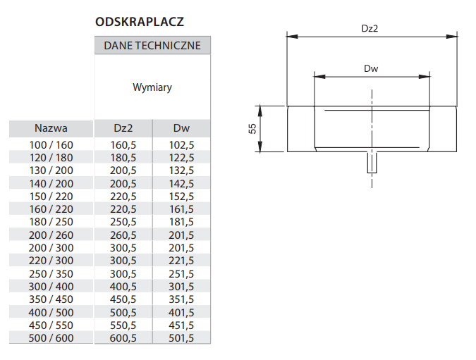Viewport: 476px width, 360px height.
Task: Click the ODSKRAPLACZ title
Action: point(140,22)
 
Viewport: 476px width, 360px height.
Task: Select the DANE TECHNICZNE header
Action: point(152,46)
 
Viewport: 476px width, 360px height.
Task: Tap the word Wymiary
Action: point(152,87)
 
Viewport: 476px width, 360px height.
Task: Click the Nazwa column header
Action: point(51,128)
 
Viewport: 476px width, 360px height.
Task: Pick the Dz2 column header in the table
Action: point(123,128)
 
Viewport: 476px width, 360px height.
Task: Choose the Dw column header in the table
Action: point(181,128)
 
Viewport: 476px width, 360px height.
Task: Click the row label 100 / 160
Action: point(51,145)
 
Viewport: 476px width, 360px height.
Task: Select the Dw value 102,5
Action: point(181,145)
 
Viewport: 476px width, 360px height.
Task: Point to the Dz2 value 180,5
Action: point(123,158)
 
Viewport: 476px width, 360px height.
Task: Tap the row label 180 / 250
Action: point(51,222)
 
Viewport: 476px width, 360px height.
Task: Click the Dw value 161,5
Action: point(181,209)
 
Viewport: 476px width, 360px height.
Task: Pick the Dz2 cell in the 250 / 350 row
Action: point(123,274)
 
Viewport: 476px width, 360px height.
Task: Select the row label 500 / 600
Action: point(51,338)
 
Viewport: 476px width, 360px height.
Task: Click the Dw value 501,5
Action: point(181,338)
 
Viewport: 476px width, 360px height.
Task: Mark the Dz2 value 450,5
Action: point(123,299)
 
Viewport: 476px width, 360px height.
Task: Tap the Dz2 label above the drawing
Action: point(370,28)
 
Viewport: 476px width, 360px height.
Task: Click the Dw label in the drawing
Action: point(371,68)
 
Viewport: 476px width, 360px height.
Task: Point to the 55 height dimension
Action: point(252,129)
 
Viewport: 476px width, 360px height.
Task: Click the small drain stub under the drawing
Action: point(372,162)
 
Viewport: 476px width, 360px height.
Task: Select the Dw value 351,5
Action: point(181,299)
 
